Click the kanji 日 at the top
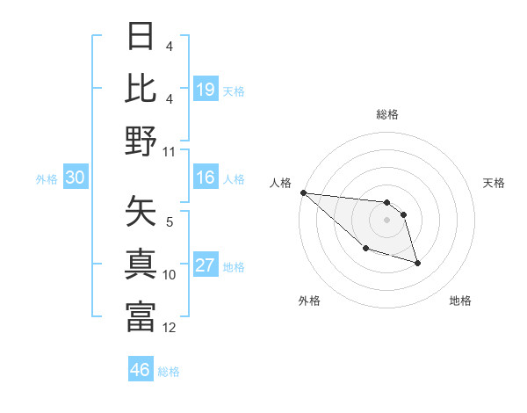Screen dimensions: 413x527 [141, 38]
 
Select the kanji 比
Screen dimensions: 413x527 [141, 89]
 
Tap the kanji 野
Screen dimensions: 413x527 [141, 141]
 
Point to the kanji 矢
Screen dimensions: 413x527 [141, 214]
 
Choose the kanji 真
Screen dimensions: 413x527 [141, 264]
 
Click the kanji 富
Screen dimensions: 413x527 [141, 316]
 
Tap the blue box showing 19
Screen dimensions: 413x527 [205, 90]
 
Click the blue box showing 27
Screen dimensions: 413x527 [205, 266]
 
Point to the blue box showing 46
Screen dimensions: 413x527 [141, 370]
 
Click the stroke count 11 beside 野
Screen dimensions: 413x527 [170, 151]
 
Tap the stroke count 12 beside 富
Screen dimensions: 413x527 [170, 328]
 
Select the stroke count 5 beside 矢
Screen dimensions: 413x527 [170, 222]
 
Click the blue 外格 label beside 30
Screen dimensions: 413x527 [47, 179]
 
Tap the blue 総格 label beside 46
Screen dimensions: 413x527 [169, 371]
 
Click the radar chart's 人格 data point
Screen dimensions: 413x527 [303, 192]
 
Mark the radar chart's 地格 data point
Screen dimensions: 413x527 [417, 263]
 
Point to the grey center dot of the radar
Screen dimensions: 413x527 [386, 220]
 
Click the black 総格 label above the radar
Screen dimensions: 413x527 [386, 115]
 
